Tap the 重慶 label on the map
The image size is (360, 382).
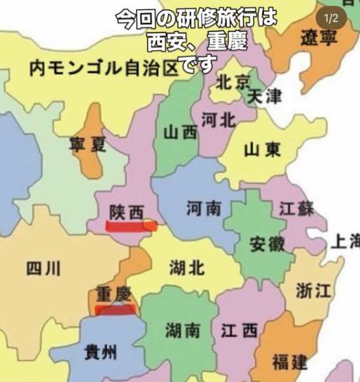coord(114,294)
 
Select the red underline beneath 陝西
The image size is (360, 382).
coord(130,226)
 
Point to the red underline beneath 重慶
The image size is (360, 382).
coord(114,310)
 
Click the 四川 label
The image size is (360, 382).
coord(43,269)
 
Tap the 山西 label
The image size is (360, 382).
coord(180,133)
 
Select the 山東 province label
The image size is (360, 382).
coord(262,150)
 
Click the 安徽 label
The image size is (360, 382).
coord(267,244)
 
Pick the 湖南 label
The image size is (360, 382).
coord(183,330)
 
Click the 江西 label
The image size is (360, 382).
coord(240,330)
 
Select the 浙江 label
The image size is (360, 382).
coord(314,291)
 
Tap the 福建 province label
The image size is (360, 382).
coord(289,363)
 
